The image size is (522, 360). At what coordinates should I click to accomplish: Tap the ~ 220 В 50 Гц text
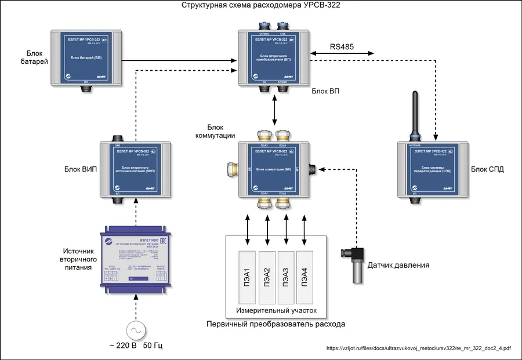(136, 346)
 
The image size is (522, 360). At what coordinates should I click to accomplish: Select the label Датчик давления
(398, 266)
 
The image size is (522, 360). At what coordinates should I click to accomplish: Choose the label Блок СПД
(487, 169)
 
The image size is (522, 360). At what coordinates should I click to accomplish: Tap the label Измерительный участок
(276, 311)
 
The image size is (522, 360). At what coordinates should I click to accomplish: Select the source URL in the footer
(419, 348)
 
